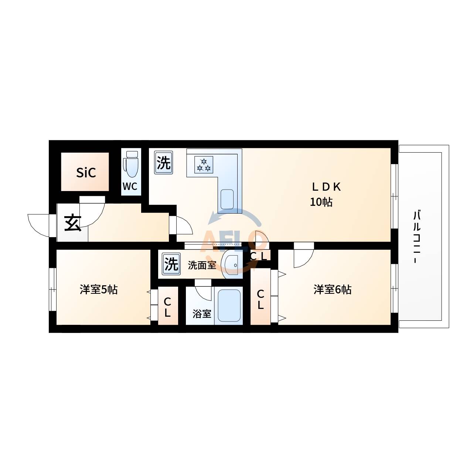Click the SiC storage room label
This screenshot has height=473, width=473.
86,173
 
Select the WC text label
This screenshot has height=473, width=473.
130,187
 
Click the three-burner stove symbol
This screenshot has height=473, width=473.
204,164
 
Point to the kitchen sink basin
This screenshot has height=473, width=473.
227,199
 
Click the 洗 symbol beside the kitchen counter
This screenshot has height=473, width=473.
163,163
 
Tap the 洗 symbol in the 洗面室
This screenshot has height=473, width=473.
171,264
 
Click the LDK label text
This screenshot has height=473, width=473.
326,187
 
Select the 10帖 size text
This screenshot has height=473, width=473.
321,202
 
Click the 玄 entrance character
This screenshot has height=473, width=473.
73,223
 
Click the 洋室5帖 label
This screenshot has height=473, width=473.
99,290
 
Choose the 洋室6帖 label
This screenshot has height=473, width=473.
332,290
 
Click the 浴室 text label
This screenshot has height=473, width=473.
202,314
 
